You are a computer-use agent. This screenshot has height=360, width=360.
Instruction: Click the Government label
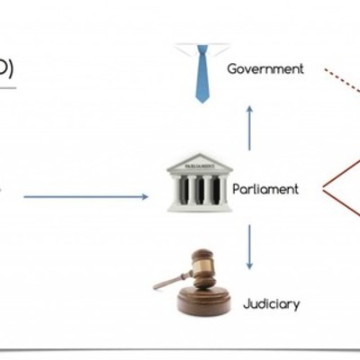[265, 68]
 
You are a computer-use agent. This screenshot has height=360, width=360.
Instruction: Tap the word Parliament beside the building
[265, 189]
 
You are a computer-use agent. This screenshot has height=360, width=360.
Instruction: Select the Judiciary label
[271, 304]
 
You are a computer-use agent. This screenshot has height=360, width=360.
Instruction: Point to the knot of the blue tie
[202, 51]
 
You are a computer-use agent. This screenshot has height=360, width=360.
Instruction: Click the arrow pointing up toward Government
[250, 126]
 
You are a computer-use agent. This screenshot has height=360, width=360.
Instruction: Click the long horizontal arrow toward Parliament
[85, 196]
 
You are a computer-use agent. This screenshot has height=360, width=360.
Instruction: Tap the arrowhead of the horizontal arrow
[144, 196]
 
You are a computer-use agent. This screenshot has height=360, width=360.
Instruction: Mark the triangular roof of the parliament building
[200, 164]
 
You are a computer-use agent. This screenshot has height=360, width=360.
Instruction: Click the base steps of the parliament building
[199, 206]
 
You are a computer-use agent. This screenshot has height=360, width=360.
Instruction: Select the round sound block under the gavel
[204, 300]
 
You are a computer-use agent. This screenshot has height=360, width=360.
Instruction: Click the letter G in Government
[232, 68]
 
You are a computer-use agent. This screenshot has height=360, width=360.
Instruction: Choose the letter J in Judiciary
[246, 304]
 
